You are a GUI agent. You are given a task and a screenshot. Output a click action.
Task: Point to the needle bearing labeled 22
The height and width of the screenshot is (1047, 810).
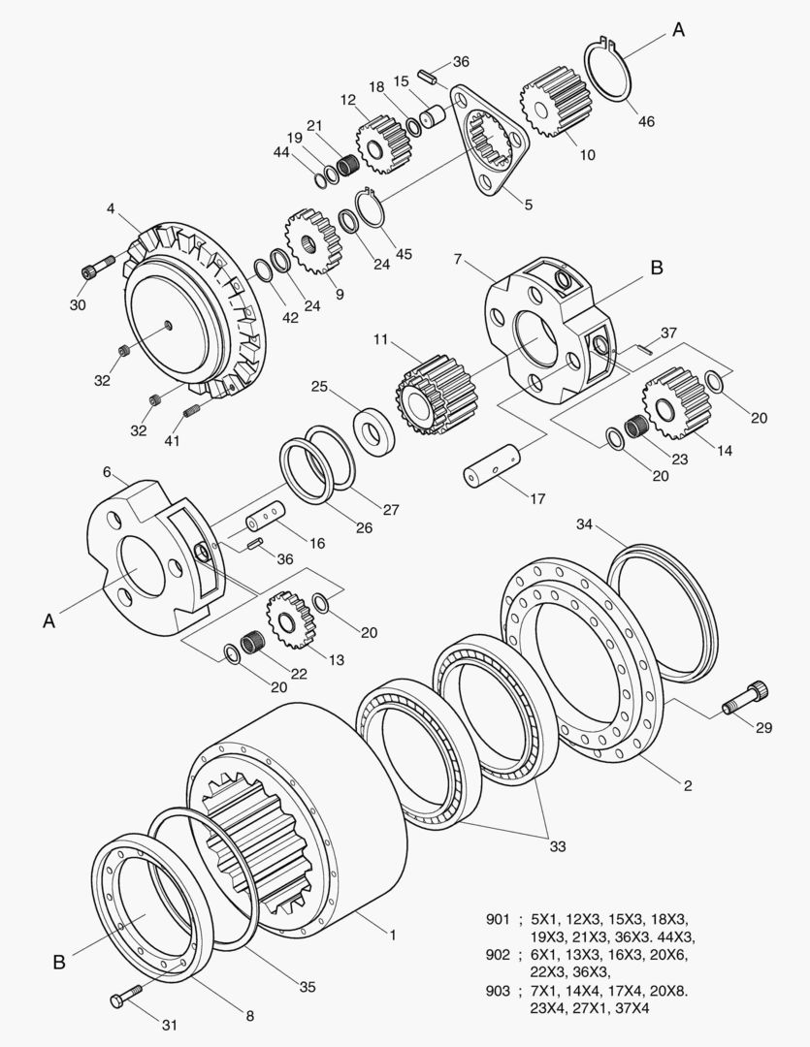(252, 641)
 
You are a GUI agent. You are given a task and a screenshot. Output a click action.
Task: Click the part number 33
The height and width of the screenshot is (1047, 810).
(557, 846)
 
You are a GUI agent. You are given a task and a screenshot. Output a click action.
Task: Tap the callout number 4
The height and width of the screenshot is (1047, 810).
(111, 207)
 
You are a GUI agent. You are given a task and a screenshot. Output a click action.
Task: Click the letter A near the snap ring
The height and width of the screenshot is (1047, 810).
(678, 30)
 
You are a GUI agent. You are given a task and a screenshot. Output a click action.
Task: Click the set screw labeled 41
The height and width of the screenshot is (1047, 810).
(191, 411)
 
